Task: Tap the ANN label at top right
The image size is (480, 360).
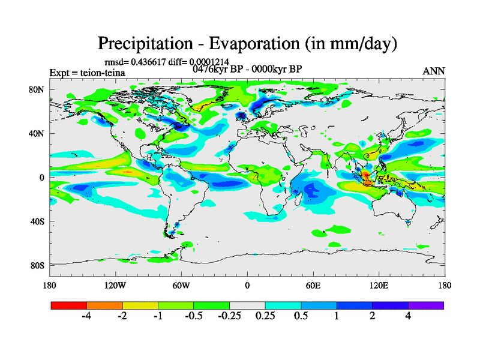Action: tap(434, 71)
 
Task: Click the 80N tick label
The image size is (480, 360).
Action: tap(37, 89)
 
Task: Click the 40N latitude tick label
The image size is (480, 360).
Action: tap(37, 133)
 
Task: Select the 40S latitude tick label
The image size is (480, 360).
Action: tap(37, 221)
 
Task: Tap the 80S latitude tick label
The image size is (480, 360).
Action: tap(37, 265)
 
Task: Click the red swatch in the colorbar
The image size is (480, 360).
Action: tap(69, 305)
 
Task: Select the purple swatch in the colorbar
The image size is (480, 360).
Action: tap(426, 305)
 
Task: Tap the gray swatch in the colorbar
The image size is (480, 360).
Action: tap(247, 305)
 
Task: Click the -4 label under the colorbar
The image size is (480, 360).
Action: tap(86, 317)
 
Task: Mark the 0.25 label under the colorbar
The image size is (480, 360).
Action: tap(265, 317)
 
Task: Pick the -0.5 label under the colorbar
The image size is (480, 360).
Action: tap(193, 317)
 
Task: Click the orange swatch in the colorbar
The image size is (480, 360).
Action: tap(104, 305)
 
